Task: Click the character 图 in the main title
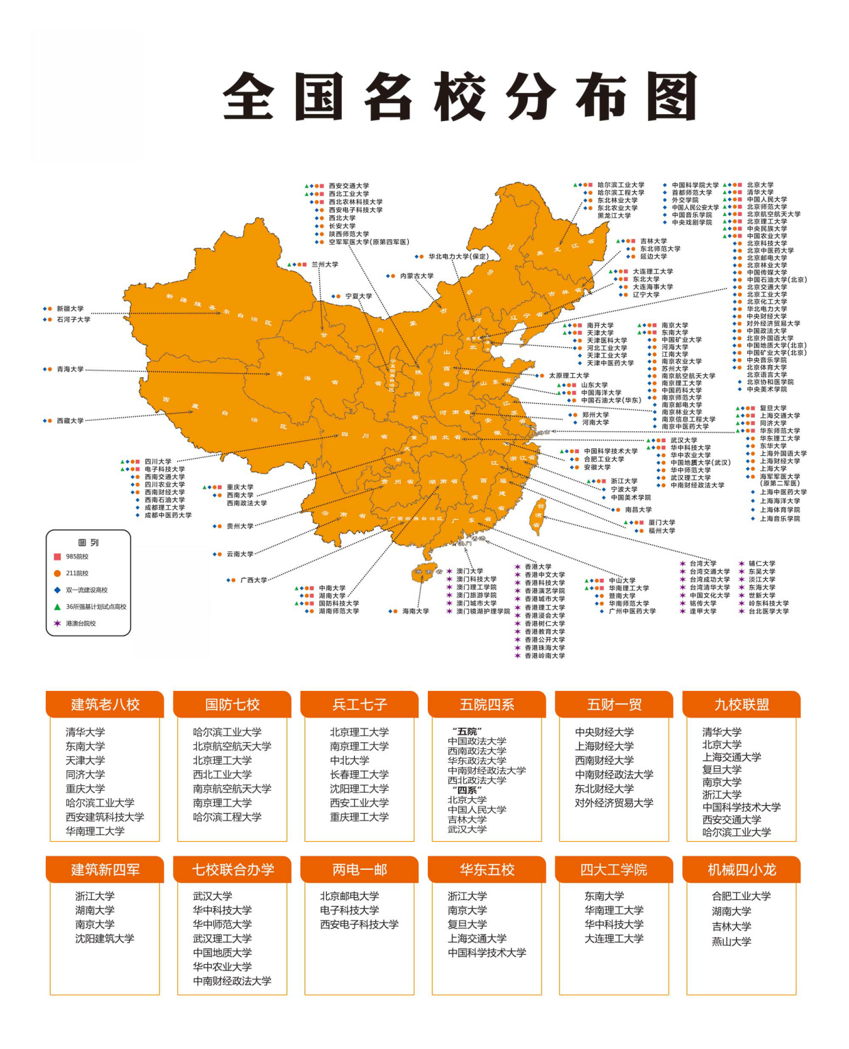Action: tap(671, 97)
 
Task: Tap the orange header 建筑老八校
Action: tap(105, 705)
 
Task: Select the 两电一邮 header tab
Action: tap(360, 870)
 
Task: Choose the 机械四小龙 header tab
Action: tap(742, 870)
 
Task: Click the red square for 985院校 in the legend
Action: tap(57, 557)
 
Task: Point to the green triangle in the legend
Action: tap(57, 607)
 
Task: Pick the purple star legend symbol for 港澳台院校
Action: tap(57, 623)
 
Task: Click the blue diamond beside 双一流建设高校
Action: tap(57, 590)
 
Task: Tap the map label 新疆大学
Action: tap(70, 309)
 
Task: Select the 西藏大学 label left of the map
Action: tap(70, 421)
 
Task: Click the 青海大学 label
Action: tap(70, 369)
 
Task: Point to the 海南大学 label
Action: tap(416, 612)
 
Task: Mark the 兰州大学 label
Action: tap(325, 264)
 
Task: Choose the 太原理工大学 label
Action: tap(569, 375)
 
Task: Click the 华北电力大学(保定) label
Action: tap(459, 257)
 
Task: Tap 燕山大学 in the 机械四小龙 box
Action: tap(731, 942)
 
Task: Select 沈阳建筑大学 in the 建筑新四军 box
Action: tap(105, 939)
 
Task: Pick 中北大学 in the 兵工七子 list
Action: tap(349, 761)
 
